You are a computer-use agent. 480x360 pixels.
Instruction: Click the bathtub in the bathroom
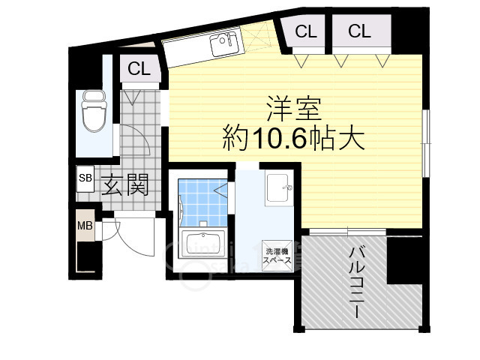coord(202,247)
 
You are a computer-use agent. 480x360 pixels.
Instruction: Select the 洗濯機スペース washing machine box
coord(275,254)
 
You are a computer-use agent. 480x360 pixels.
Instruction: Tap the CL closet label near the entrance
coord(139,69)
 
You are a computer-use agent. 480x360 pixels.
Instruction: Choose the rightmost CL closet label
coord(359,31)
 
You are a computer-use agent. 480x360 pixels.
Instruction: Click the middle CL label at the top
coord(304,31)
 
